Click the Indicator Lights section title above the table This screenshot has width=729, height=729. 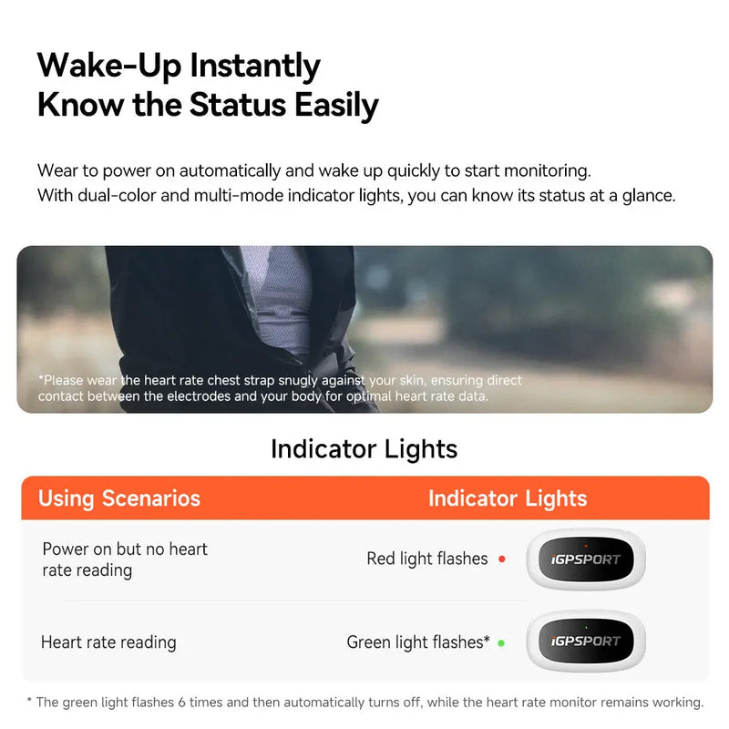[364, 448]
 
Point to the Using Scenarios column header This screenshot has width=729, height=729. [118, 498]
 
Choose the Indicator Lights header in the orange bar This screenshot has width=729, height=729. [508, 498]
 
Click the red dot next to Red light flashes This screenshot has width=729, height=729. [502, 560]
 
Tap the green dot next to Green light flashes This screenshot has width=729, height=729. [501, 642]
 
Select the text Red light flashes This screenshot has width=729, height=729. [426, 559]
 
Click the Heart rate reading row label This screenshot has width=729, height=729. [108, 642]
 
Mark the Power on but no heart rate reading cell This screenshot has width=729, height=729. [125, 560]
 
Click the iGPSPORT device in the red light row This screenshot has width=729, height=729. [586, 560]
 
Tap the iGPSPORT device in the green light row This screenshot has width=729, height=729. [586, 641]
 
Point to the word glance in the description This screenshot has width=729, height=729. [647, 196]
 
